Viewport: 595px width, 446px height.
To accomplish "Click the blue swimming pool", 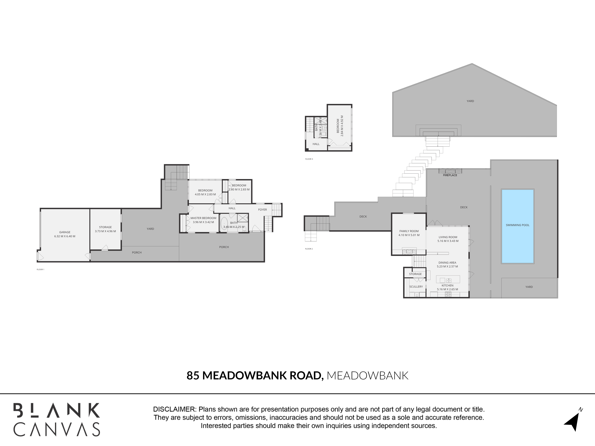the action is click(x=518, y=226).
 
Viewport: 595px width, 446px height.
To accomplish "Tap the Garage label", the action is click(x=65, y=232).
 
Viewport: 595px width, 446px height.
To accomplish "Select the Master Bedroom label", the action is click(x=203, y=218).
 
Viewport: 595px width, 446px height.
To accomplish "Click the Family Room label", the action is click(x=409, y=231).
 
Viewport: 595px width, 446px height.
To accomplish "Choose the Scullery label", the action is click(x=416, y=287).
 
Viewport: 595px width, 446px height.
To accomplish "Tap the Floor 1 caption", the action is click(x=40, y=269).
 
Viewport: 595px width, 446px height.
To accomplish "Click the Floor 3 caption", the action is click(x=309, y=159).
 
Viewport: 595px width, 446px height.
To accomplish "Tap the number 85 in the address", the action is click(x=193, y=376).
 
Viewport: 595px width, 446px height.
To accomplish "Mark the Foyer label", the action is click(x=263, y=210).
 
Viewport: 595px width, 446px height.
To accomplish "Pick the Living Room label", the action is click(x=448, y=237).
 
